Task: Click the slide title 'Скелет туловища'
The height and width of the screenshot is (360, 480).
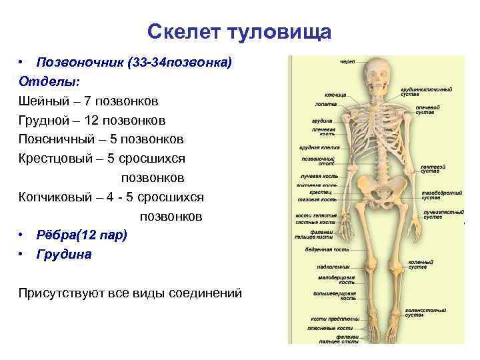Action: [x=239, y=31]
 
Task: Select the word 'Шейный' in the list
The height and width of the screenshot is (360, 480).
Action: [x=42, y=101]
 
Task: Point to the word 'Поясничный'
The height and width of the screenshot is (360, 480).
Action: [x=58, y=140]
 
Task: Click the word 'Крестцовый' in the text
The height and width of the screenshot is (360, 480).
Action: [x=58, y=159]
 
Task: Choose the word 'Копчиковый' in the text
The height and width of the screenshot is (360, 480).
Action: [x=58, y=198]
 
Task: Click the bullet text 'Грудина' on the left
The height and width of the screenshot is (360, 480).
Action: [x=65, y=255]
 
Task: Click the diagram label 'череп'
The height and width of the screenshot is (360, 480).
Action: [x=347, y=61]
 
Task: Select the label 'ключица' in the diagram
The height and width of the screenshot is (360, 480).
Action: [x=335, y=95]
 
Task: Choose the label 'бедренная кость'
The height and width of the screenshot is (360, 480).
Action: [x=327, y=249]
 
